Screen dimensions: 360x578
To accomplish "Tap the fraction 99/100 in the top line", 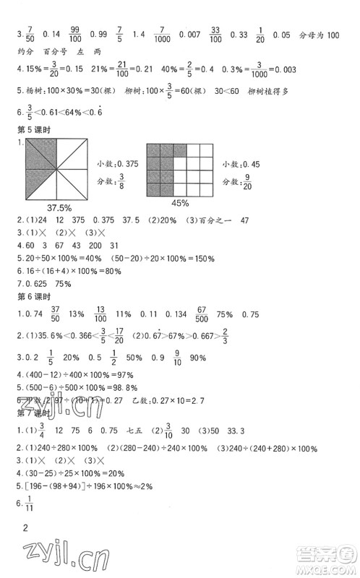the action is click(x=73, y=34).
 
